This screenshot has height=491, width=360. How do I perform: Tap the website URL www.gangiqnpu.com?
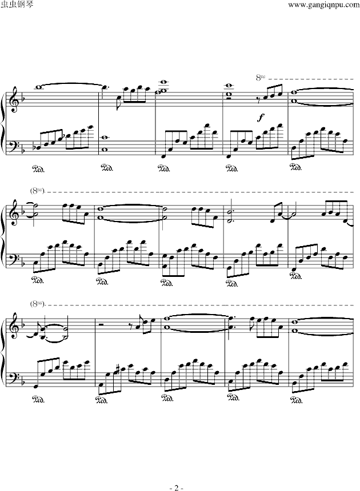323,5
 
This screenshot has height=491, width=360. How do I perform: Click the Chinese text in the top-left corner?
18,5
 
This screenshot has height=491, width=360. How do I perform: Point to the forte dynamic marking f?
260,118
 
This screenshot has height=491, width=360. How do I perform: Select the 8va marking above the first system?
261,77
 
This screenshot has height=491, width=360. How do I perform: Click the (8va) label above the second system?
38,190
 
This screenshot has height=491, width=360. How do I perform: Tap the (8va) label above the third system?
38,303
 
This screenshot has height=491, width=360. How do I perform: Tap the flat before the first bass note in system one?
38,147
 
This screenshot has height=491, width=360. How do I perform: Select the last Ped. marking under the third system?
296,400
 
